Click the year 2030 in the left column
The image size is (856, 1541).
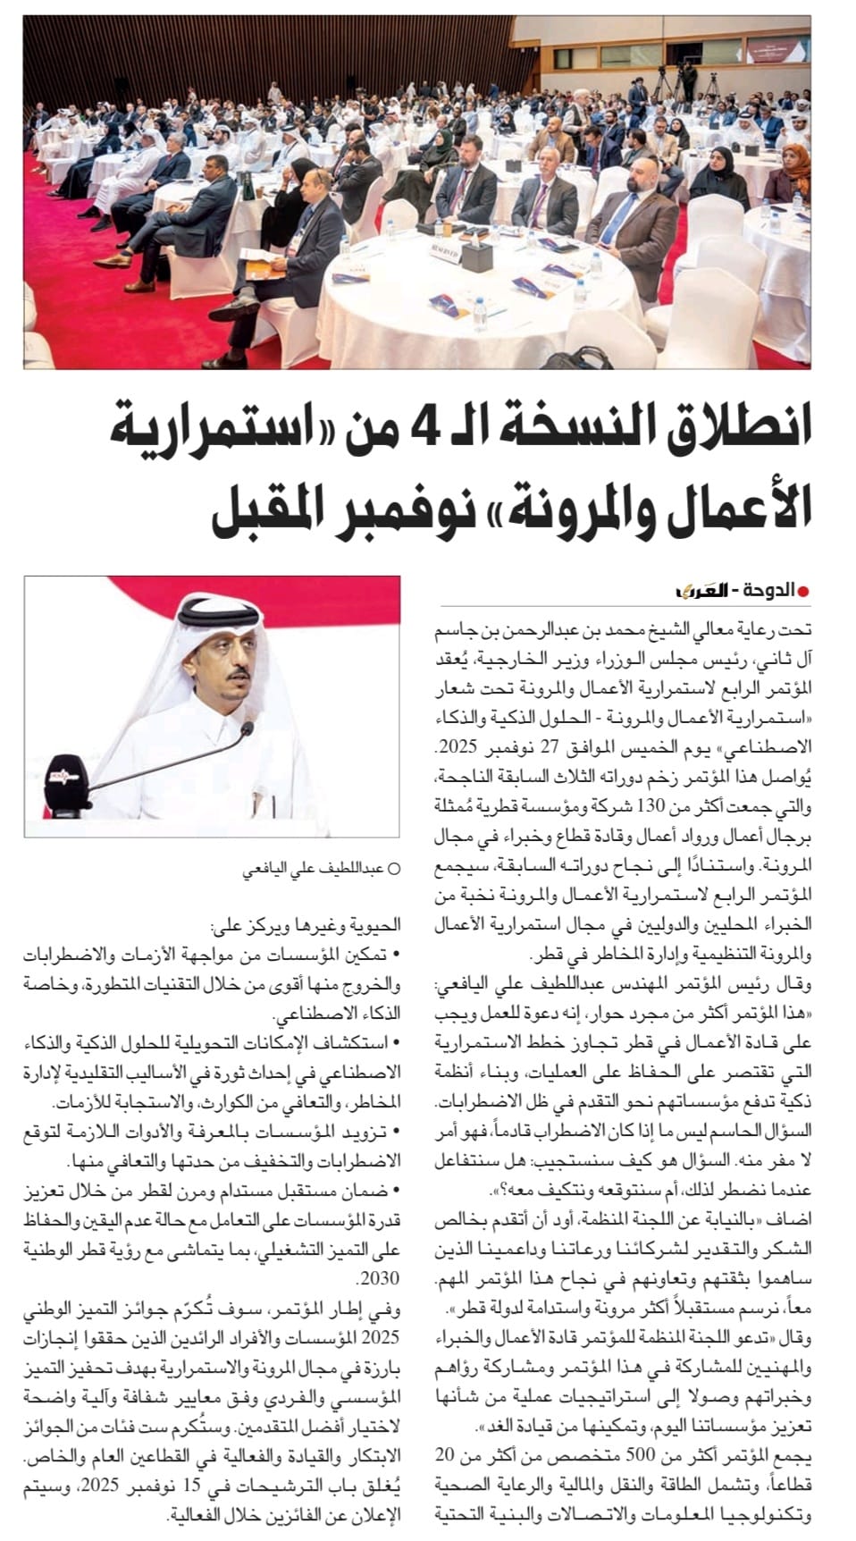coord(381,1279)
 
